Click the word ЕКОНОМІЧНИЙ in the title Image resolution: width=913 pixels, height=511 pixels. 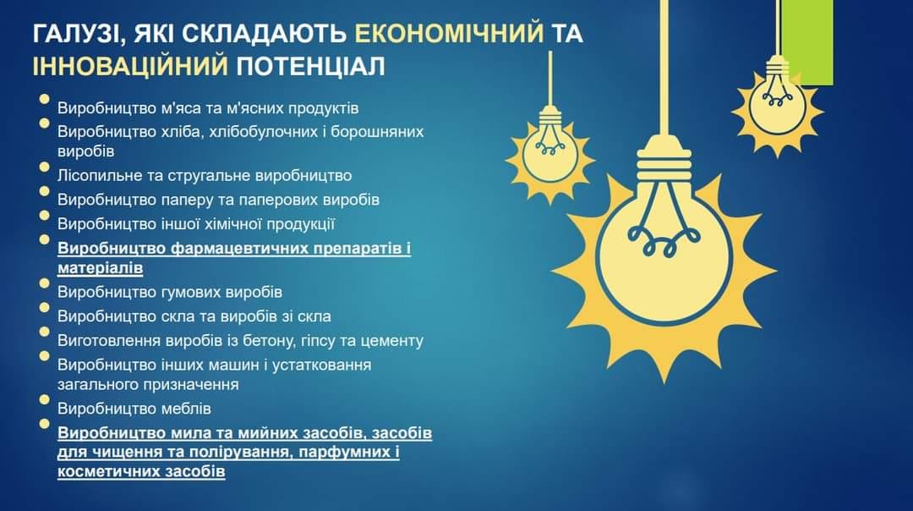[x=450, y=33]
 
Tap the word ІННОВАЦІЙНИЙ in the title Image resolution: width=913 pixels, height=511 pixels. [x=130, y=67]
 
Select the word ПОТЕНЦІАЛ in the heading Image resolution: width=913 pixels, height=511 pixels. [x=310, y=67]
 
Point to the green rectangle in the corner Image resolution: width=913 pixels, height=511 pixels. [x=807, y=42]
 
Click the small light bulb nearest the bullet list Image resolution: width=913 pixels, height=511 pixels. [x=549, y=151]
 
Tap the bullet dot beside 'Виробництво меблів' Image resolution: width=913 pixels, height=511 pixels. [x=44, y=399]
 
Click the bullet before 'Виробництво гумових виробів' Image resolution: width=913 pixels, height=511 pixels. [x=44, y=283]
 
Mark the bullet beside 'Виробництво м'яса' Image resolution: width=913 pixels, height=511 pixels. [x=44, y=99]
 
